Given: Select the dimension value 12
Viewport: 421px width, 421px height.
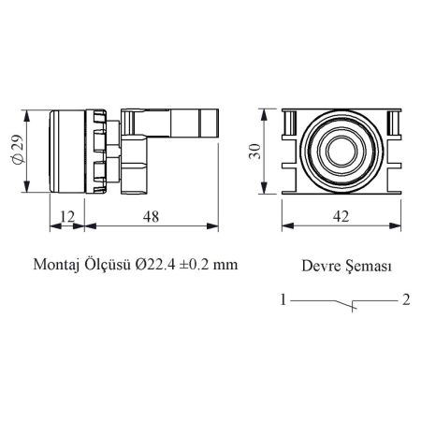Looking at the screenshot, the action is (x=67, y=216).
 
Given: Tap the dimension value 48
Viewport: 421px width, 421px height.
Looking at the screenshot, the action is (x=151, y=216).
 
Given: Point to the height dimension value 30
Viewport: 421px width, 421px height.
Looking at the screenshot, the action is (x=255, y=152).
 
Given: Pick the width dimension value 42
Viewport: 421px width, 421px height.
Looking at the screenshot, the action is (x=341, y=216).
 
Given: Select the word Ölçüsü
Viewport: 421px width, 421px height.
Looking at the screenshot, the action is (x=108, y=265).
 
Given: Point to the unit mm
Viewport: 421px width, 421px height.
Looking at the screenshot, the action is (x=225, y=267).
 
